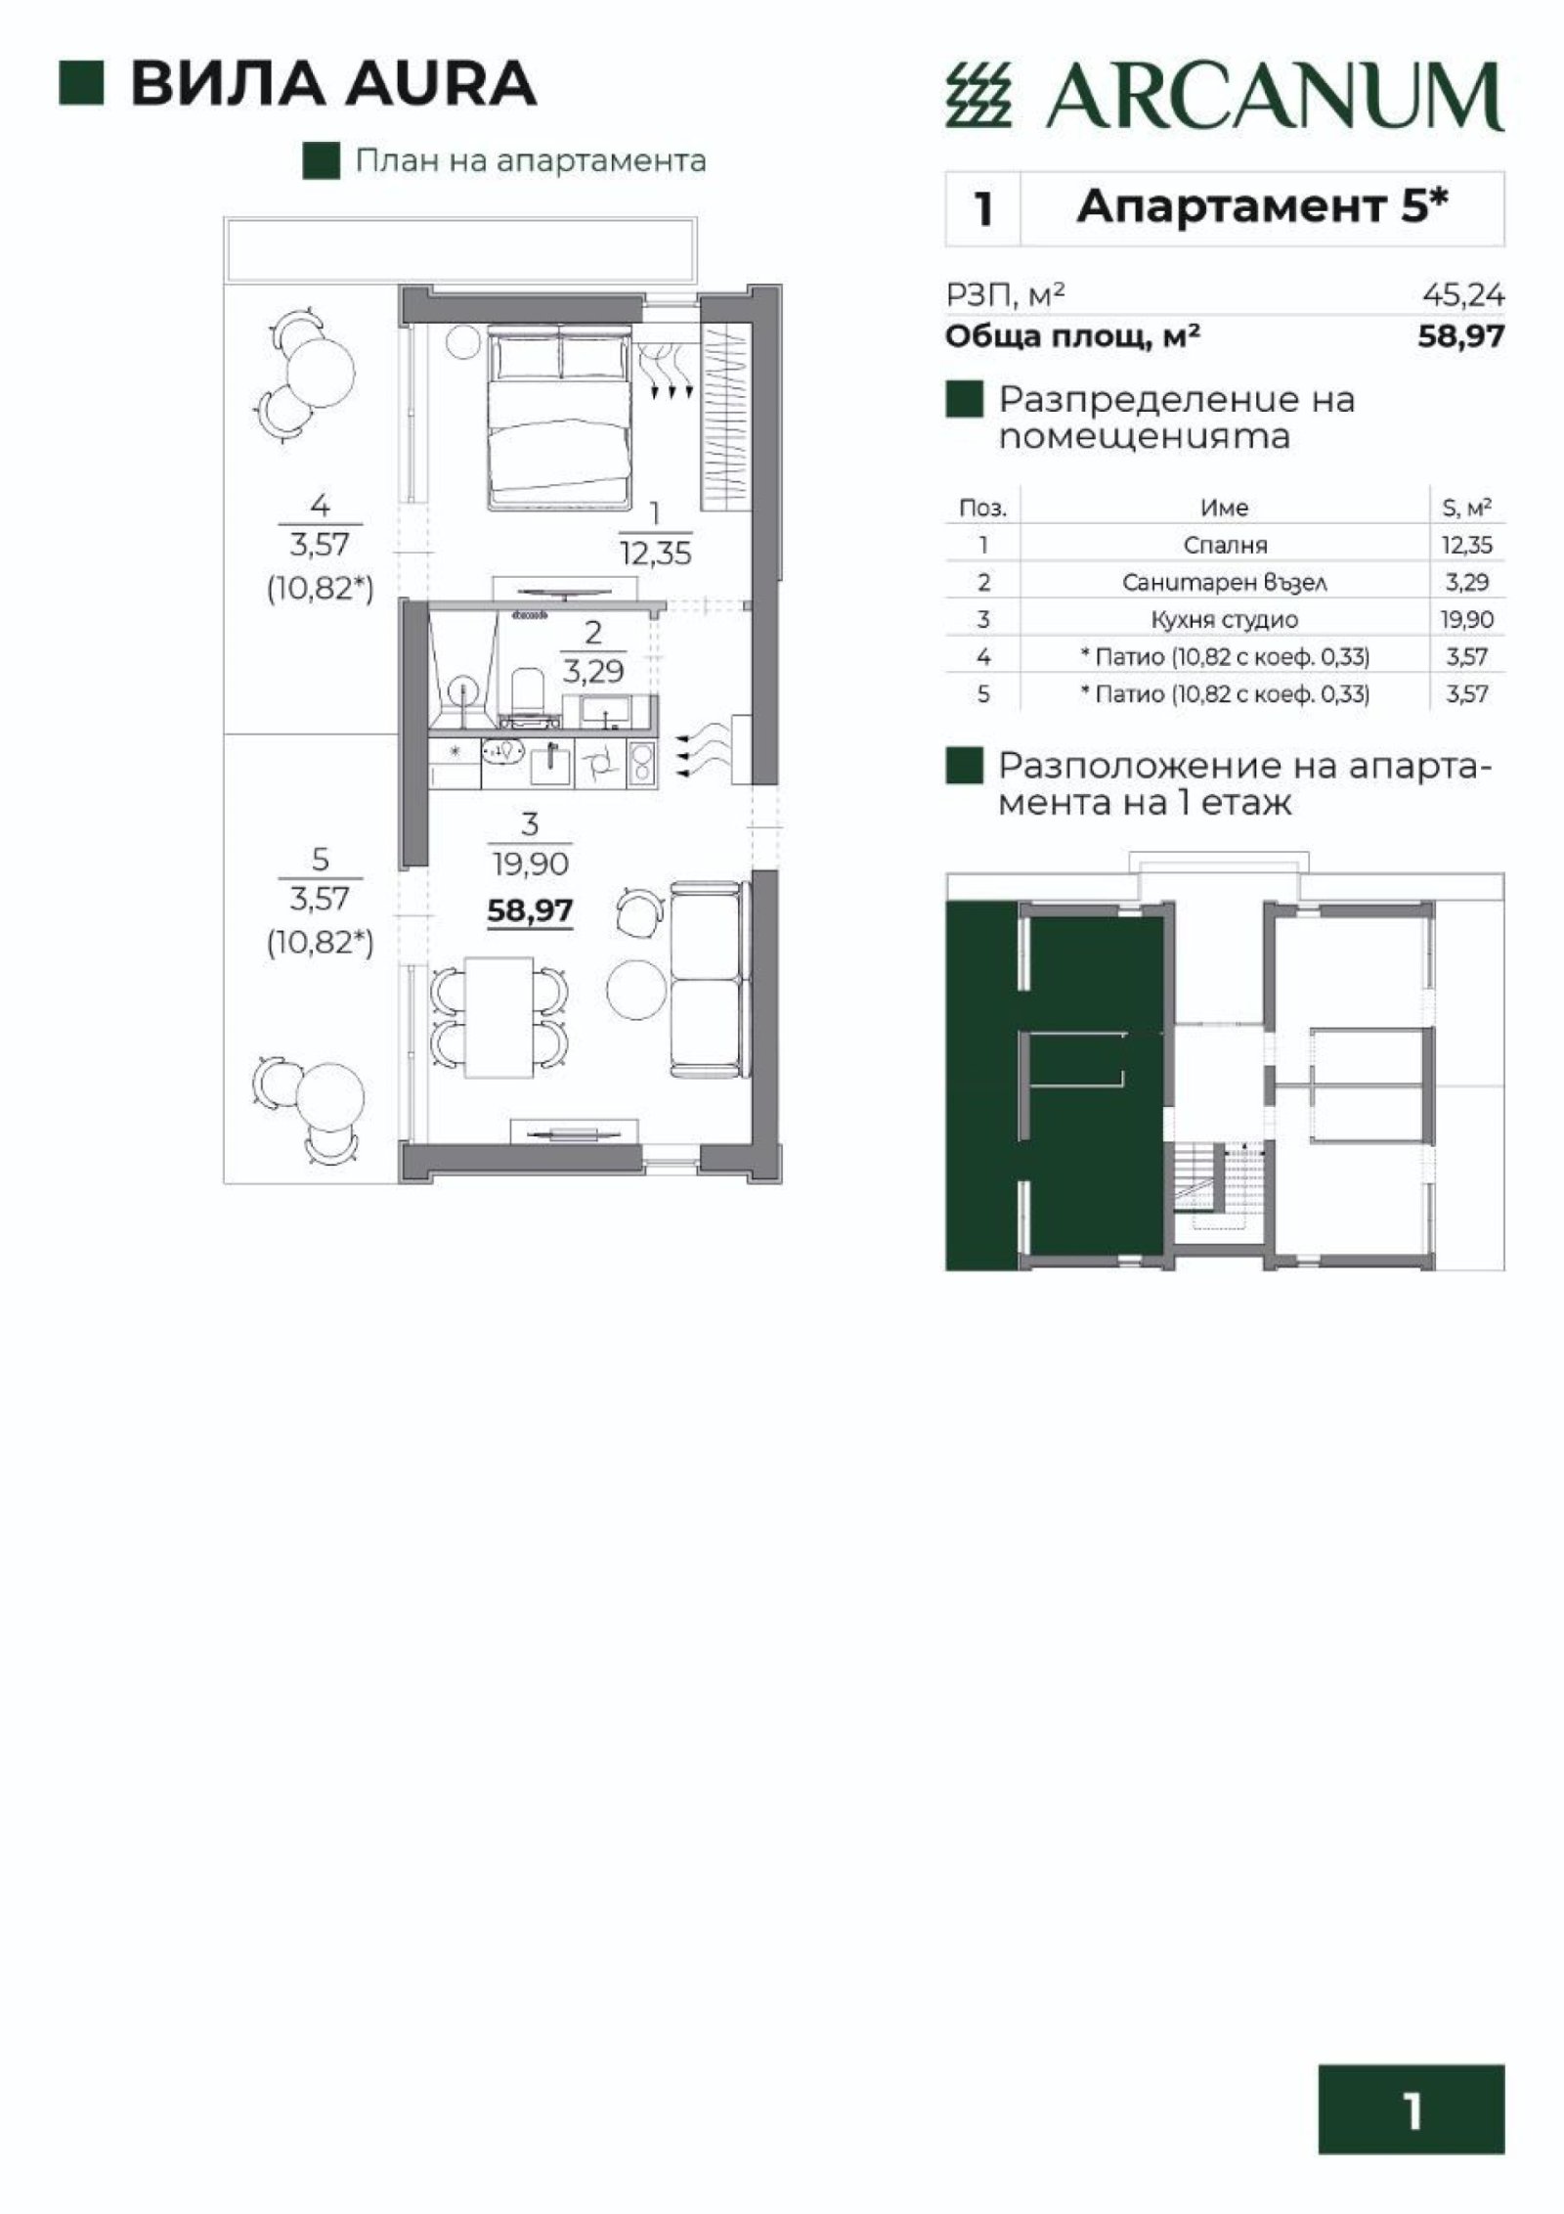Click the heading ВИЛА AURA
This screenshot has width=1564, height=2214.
[333, 84]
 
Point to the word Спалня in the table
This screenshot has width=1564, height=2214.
[1224, 546]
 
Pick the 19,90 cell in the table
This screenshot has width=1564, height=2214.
[1467, 619]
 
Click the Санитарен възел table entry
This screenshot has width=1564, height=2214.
[1224, 583]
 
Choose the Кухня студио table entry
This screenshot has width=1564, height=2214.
[1224, 619]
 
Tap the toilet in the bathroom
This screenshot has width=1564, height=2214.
[527, 688]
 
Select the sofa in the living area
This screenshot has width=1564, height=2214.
[707, 978]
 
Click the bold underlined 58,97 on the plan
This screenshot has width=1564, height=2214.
[530, 911]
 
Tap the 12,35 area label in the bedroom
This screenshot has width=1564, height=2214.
[655, 554]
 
